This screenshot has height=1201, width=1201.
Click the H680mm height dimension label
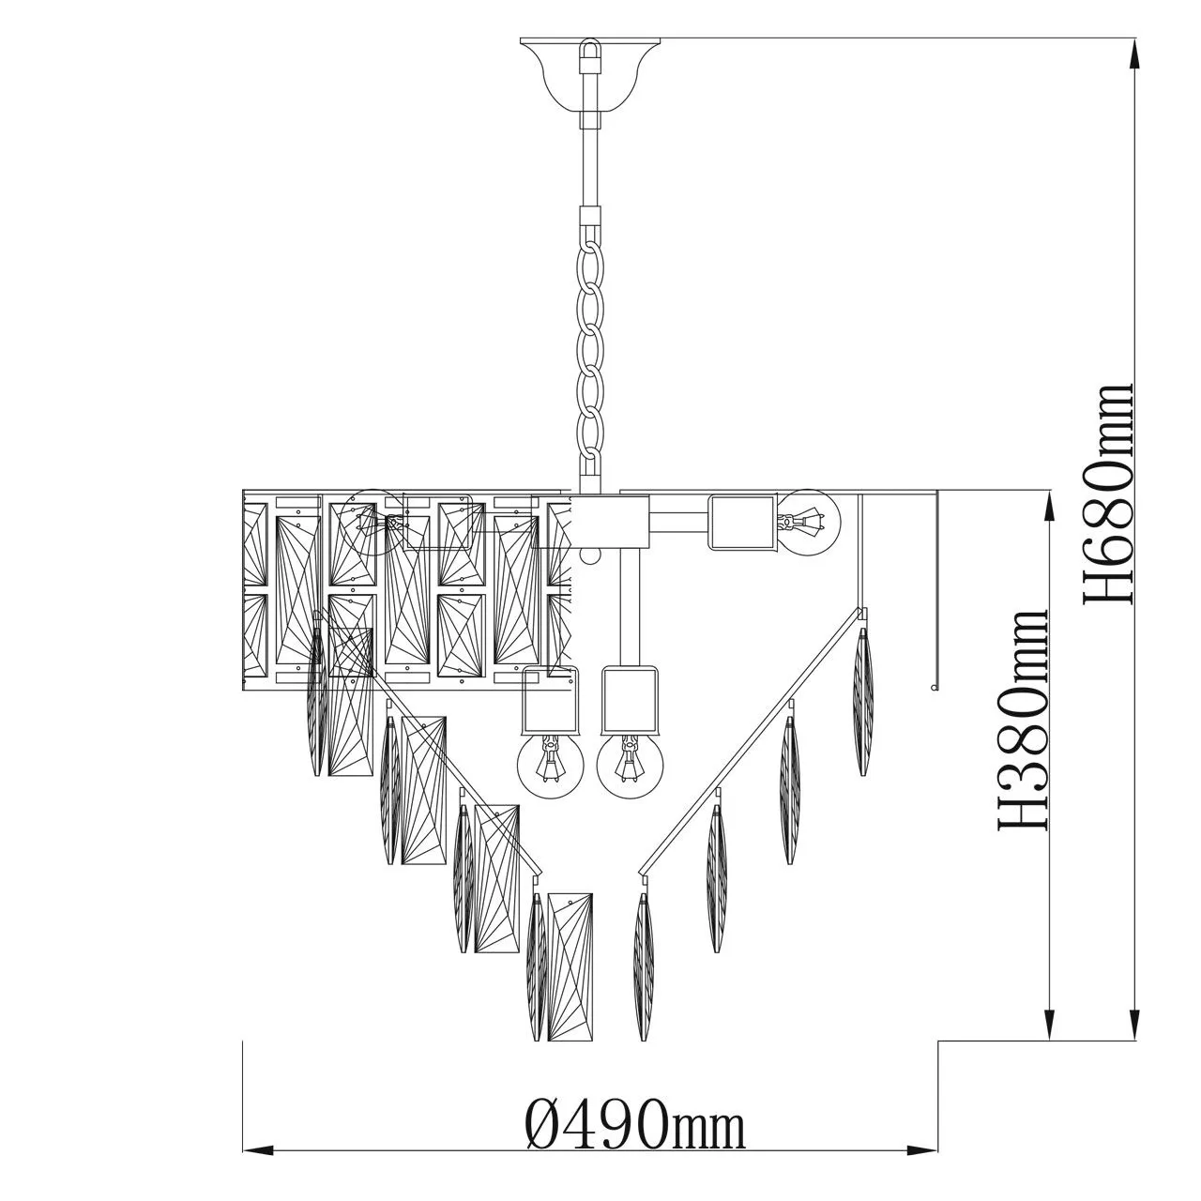click(1107, 493)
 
